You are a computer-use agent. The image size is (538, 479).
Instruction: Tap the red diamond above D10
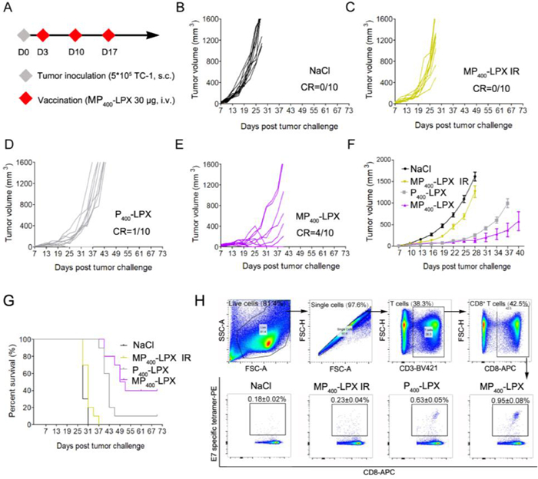75,35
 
